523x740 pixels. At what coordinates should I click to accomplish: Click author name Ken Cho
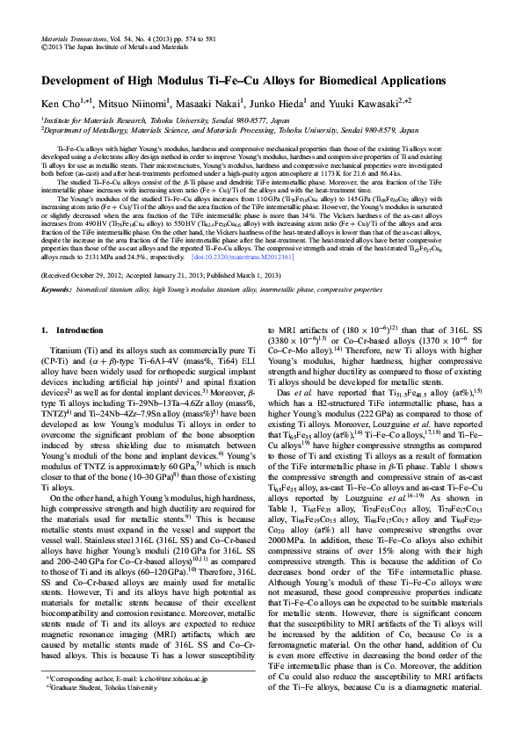tap(60, 102)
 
